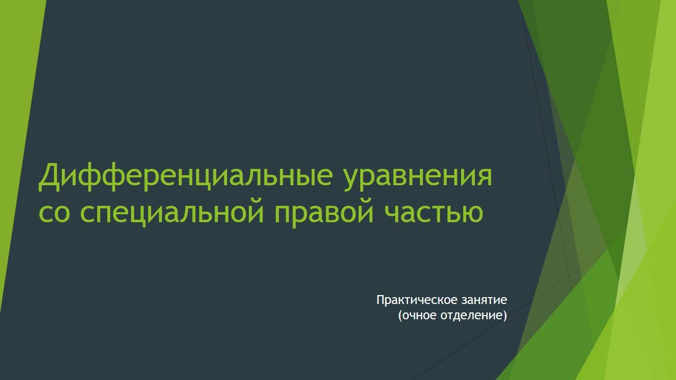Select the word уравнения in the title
tap(418, 176)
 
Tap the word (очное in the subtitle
tap(417, 316)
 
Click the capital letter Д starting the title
tap(49, 176)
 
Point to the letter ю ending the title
tap(473, 212)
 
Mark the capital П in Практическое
tap(380, 300)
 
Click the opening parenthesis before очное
tap(400, 316)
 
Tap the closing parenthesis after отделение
tap(505, 316)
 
